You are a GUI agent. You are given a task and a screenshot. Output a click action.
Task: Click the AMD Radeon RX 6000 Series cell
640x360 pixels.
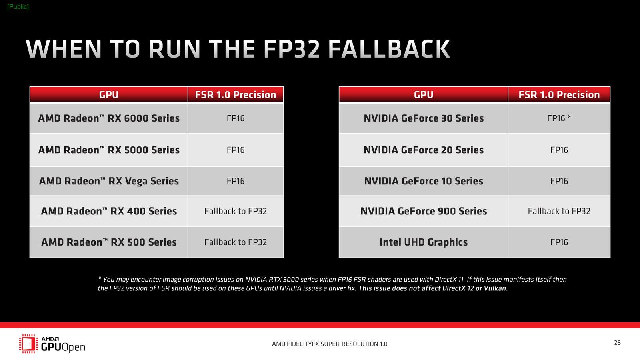point(109,118)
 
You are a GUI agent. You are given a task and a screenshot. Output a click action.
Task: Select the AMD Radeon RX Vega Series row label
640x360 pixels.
point(109,181)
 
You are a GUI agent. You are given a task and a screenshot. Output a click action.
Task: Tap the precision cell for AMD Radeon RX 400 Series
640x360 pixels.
point(236,211)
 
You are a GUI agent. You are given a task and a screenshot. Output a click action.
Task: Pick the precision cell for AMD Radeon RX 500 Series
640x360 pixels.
point(236,242)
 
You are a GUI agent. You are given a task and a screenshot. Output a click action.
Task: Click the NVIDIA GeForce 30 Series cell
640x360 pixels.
point(424,118)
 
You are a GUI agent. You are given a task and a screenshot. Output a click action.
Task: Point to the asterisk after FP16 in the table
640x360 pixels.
point(569,116)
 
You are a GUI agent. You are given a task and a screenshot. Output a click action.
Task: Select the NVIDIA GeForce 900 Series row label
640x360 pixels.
point(424,211)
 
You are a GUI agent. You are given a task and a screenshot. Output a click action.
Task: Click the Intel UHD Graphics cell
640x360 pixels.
point(424,242)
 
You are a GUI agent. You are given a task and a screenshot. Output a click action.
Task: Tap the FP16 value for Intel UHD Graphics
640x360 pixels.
point(559,242)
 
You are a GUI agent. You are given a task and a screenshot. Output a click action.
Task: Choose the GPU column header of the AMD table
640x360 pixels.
point(109,94)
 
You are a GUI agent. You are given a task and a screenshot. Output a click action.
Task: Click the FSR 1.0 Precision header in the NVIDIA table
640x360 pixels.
point(559,94)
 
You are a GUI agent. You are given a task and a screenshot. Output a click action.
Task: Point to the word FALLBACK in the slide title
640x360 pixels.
point(389,49)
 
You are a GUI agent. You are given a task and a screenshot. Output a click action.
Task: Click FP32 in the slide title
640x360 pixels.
point(291,49)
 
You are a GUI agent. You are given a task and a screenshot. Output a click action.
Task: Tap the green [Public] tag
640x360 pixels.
point(18,7)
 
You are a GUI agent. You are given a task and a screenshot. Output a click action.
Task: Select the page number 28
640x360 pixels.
point(618,342)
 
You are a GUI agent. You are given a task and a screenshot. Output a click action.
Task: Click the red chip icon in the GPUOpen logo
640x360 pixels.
point(28,344)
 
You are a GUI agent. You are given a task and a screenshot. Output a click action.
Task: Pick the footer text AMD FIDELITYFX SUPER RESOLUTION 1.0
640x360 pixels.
point(330,344)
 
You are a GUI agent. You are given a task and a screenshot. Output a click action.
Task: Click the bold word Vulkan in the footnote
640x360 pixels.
point(496,288)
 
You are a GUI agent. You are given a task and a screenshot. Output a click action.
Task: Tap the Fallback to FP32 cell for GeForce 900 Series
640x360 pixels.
point(559,211)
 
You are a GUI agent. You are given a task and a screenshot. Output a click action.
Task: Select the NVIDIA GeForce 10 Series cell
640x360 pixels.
point(424,181)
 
